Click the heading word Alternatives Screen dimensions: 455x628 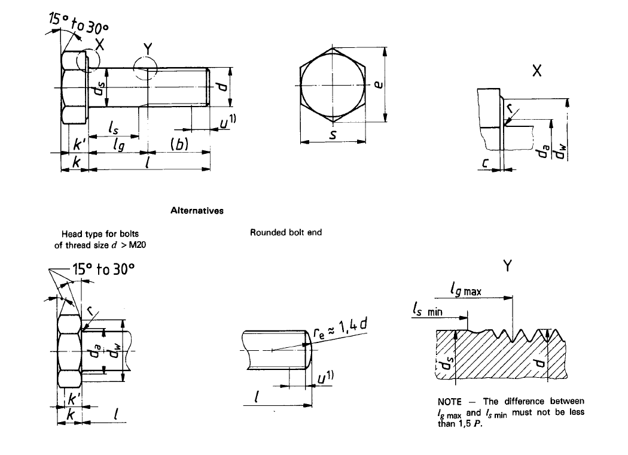(x=197, y=211)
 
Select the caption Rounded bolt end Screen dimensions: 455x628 (x=286, y=232)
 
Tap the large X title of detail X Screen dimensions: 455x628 (x=536, y=71)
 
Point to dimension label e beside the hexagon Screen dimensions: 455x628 (x=377, y=83)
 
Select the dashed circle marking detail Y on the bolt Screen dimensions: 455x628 (x=145, y=66)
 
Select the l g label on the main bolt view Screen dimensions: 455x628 (x=118, y=145)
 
